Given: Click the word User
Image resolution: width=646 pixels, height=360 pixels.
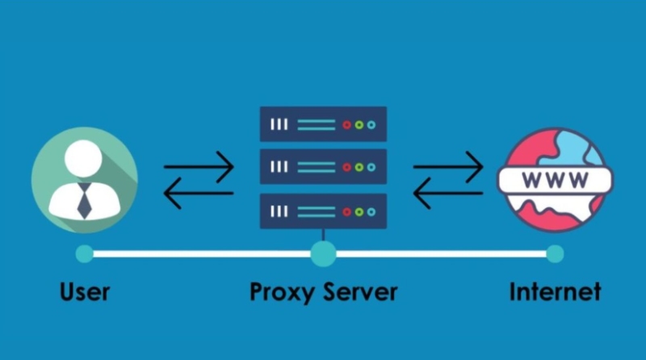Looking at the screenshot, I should pyautogui.click(x=85, y=291).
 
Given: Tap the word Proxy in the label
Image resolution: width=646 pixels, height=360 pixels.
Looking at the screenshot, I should pyautogui.click(x=280, y=291).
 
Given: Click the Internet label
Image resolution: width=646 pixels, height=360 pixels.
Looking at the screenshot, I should pyautogui.click(x=555, y=291).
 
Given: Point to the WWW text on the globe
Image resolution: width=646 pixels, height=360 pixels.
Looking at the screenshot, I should pyautogui.click(x=555, y=179).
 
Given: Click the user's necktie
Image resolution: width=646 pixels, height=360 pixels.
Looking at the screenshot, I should pyautogui.click(x=85, y=199).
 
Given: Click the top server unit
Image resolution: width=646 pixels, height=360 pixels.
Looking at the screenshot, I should pyautogui.click(x=323, y=124).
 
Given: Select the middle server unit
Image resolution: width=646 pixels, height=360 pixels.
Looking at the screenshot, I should pyautogui.click(x=323, y=167).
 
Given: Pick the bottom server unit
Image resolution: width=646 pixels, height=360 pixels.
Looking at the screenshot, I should pyautogui.click(x=323, y=211).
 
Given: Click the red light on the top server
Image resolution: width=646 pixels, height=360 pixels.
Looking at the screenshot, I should pyautogui.click(x=346, y=125).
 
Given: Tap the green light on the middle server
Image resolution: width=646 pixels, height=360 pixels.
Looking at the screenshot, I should pyautogui.click(x=359, y=167).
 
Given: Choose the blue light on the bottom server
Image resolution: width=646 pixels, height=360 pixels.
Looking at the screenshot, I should pyautogui.click(x=371, y=211).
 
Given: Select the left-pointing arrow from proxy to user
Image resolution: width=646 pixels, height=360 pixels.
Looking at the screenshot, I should pyautogui.click(x=199, y=194).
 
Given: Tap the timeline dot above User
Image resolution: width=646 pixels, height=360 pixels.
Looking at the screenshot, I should pyautogui.click(x=84, y=254).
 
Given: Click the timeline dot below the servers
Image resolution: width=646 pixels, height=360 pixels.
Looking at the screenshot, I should pyautogui.click(x=323, y=254).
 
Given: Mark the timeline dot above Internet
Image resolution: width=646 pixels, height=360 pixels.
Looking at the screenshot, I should pyautogui.click(x=554, y=254).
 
